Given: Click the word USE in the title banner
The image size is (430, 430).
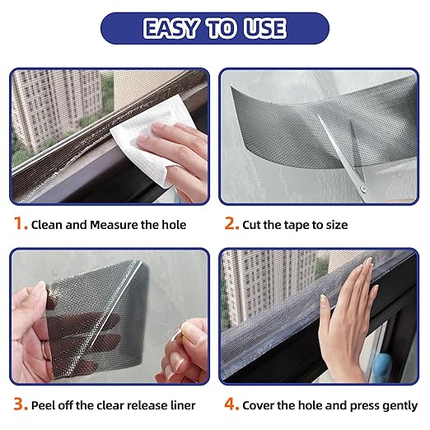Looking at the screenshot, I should click(x=262, y=28).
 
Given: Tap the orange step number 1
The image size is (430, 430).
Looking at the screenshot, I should click(x=17, y=224).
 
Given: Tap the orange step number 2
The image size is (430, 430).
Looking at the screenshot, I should click(x=228, y=224).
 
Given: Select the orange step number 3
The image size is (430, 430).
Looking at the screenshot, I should click(x=17, y=404).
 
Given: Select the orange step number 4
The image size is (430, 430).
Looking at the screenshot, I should click(x=228, y=404).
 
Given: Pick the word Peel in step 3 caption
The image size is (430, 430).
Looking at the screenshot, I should click(x=44, y=405).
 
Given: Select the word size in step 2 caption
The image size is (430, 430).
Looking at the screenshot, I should click(x=334, y=225).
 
